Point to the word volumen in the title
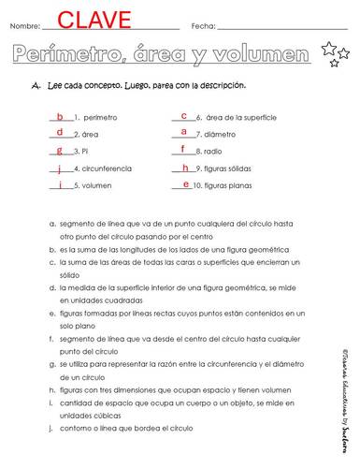click(x=265, y=52)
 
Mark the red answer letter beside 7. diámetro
click(x=184, y=133)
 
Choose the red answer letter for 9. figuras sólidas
click(x=185, y=168)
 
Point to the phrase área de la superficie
click(x=240, y=119)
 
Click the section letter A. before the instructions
click(x=35, y=86)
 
